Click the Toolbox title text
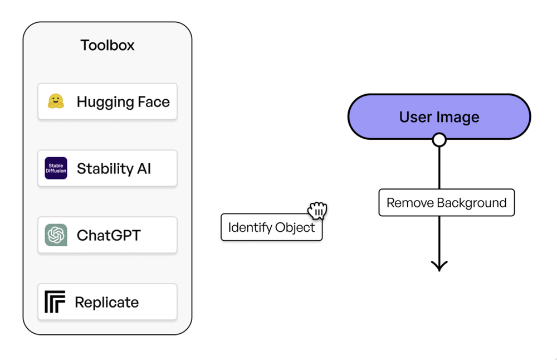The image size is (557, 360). pyautogui.click(x=108, y=45)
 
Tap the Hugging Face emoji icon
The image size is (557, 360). pyautogui.click(x=55, y=101)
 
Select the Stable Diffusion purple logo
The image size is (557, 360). pyautogui.click(x=56, y=168)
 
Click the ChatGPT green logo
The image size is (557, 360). pyautogui.click(x=56, y=235)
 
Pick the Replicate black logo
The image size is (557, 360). pyautogui.click(x=55, y=302)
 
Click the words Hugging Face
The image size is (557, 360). pyautogui.click(x=123, y=102)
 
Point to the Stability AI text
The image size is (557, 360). pyautogui.click(x=114, y=168)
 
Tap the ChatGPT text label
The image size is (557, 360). pyautogui.click(x=109, y=235)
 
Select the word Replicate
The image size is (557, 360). pyautogui.click(x=106, y=302)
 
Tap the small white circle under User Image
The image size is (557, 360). pyautogui.click(x=439, y=139)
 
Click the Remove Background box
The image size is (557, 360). pyautogui.click(x=446, y=203)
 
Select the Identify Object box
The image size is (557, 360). pyautogui.click(x=271, y=227)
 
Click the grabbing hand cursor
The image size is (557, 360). pyautogui.click(x=317, y=211)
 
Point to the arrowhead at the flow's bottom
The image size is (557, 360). pyautogui.click(x=439, y=266)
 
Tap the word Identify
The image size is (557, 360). pyautogui.click(x=249, y=227)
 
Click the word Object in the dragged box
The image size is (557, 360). pyautogui.click(x=294, y=227)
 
